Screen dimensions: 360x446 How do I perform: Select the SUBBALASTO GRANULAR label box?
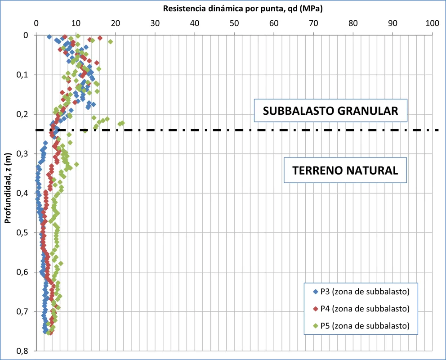pos(330,111)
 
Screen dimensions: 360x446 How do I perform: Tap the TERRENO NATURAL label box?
pos(345,170)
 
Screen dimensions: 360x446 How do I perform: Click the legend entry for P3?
pos(364,292)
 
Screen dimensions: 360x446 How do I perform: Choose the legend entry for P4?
pos(364,309)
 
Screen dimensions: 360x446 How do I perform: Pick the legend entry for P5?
pos(364,325)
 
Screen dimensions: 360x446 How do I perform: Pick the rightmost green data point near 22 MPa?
pos(122,123)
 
